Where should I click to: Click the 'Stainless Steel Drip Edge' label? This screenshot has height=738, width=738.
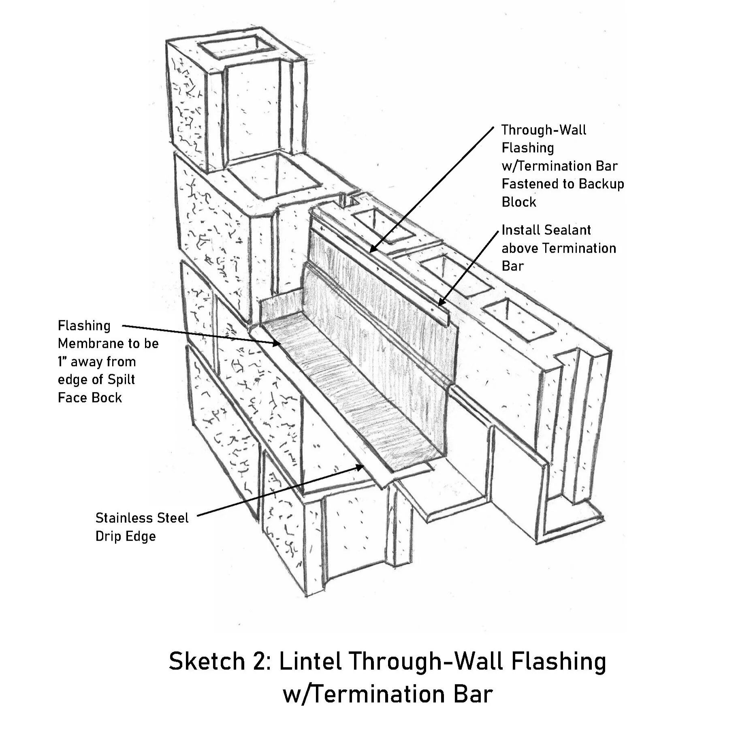coord(141,527)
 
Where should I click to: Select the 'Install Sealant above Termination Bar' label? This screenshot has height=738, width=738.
coord(558,248)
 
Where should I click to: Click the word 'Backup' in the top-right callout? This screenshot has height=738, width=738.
coord(601,184)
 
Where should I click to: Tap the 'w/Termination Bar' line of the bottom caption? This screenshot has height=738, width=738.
coord(387,694)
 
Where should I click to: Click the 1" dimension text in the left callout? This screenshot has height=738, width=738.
coord(62,361)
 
